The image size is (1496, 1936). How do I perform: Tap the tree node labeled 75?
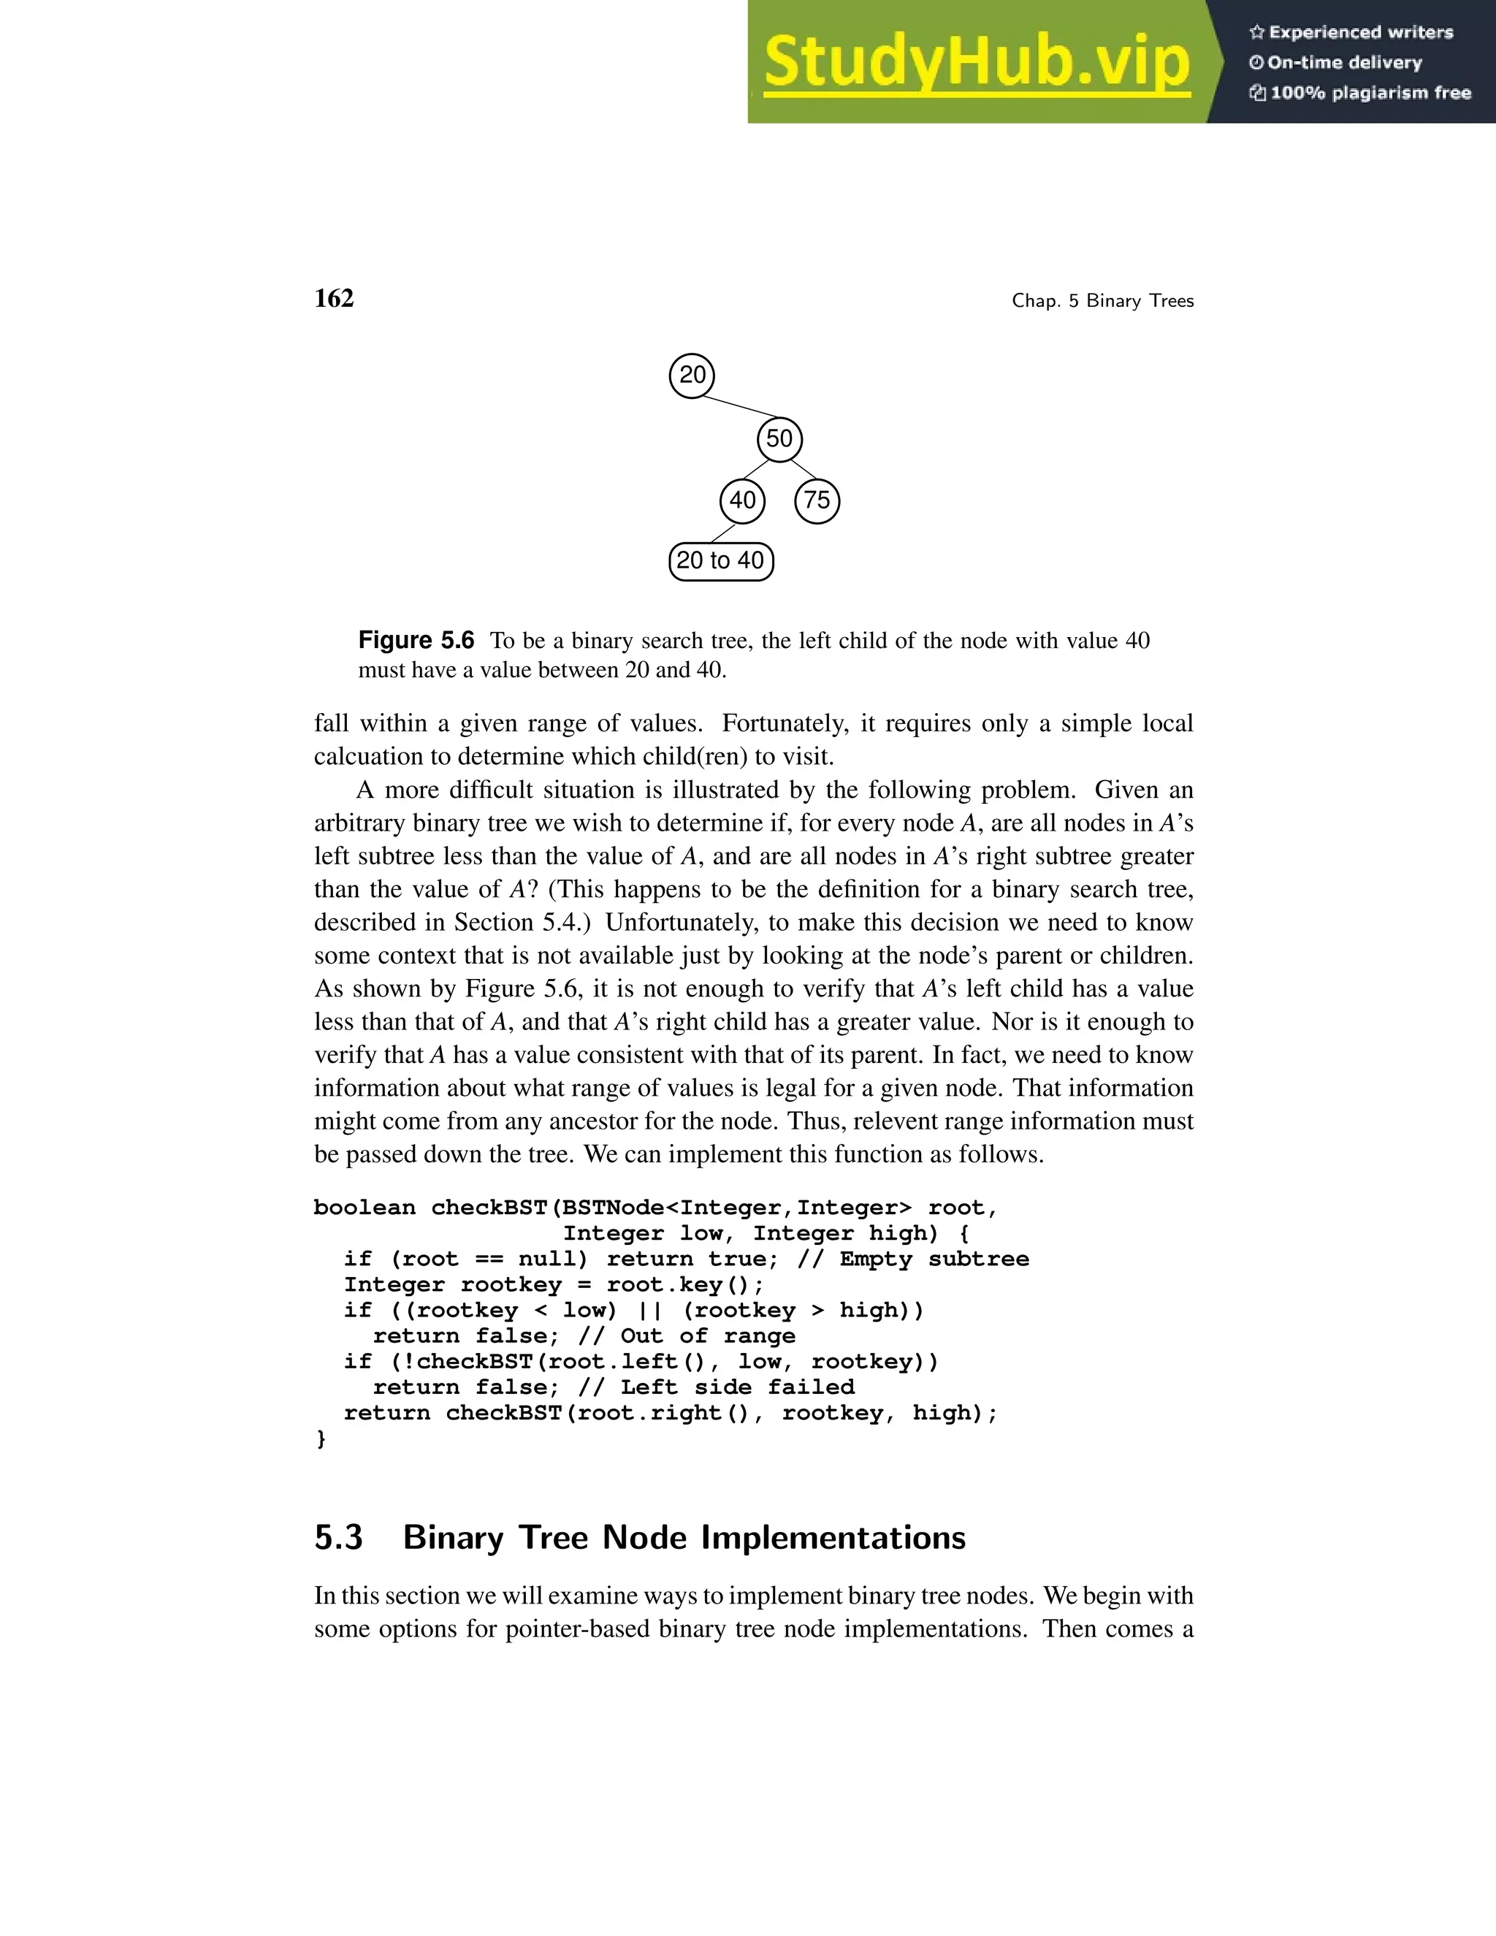click(817, 501)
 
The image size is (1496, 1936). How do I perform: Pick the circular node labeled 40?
click(743, 501)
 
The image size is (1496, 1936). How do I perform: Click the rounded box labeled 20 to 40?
click(720, 561)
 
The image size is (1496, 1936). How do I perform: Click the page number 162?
click(334, 299)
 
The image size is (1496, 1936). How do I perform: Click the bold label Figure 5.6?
click(416, 640)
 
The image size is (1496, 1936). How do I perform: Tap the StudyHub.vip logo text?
click(976, 62)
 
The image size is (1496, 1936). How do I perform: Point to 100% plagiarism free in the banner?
click(1370, 93)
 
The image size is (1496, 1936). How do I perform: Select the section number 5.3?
click(338, 1537)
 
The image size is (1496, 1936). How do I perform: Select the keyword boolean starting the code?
click(365, 1208)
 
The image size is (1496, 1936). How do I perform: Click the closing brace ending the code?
click(321, 1438)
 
